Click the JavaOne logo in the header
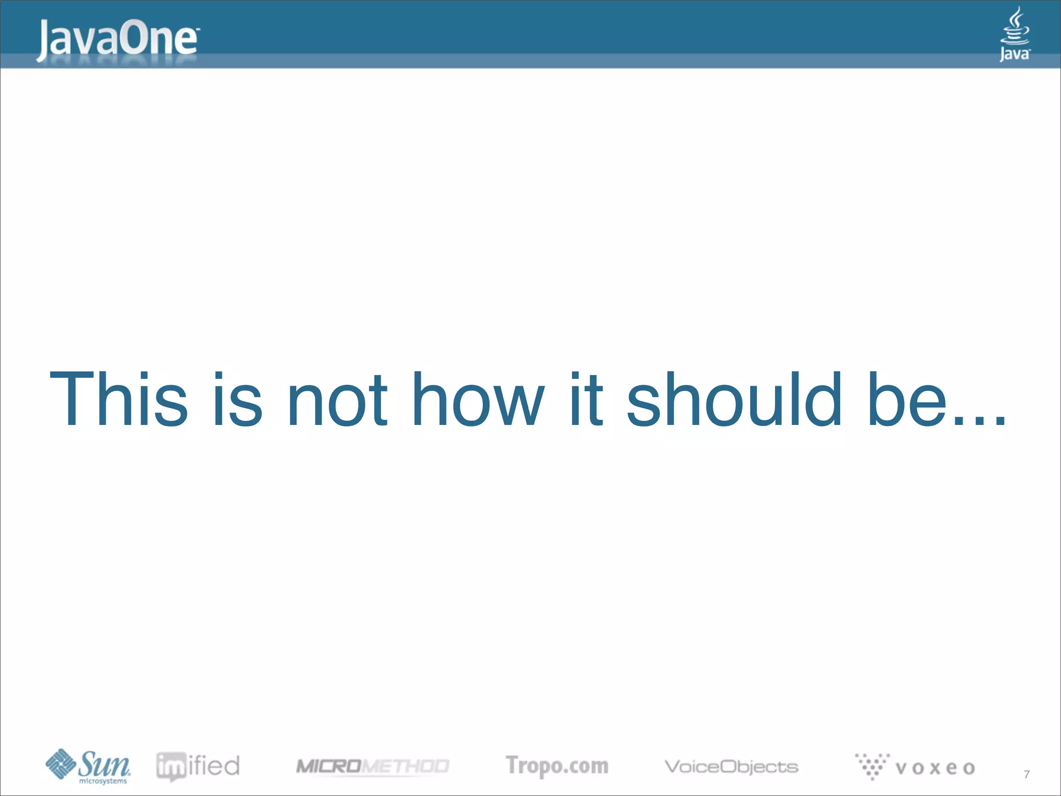[x=117, y=40]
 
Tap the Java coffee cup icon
[x=1015, y=26]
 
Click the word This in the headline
[x=118, y=400]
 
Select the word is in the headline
[x=237, y=400]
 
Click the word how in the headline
[x=478, y=400]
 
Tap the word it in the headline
[x=586, y=400]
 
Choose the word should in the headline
[x=734, y=400]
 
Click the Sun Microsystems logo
[x=88, y=766]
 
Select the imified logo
[x=198, y=766]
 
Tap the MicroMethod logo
[x=372, y=766]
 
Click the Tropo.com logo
[x=557, y=766]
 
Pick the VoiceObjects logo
[x=731, y=766]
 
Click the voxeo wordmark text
[x=935, y=767]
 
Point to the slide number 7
[x=1027, y=774]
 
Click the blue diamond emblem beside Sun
[x=61, y=764]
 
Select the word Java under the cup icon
[x=1014, y=54]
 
